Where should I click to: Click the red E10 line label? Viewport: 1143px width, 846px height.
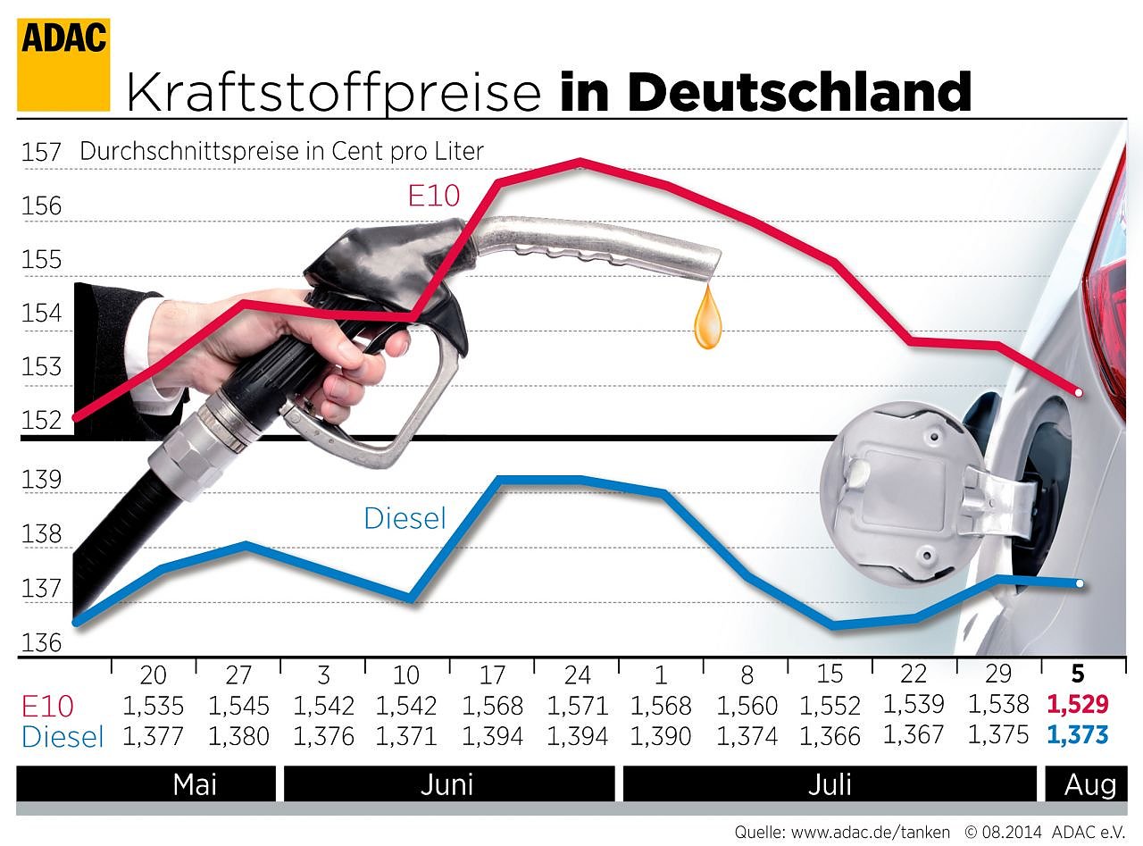(x=433, y=195)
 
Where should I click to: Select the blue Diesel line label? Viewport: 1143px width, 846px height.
(x=405, y=518)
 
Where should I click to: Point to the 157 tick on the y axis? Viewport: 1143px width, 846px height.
(x=41, y=153)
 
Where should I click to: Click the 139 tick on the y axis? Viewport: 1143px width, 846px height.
(x=41, y=481)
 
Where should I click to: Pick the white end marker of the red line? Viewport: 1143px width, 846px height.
(x=1080, y=393)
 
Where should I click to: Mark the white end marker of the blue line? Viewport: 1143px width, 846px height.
(x=1080, y=583)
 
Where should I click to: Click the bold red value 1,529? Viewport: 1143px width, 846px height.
(x=1078, y=705)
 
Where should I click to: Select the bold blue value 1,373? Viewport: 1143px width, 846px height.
(x=1078, y=735)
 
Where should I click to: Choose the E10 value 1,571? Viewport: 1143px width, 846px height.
(x=577, y=706)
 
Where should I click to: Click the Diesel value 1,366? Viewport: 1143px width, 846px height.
(x=830, y=736)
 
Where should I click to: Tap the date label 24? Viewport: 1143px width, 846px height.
(x=577, y=674)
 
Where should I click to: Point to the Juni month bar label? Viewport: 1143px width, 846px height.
(x=446, y=784)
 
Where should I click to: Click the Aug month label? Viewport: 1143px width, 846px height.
(x=1089, y=784)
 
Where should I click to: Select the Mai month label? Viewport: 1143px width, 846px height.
(x=195, y=784)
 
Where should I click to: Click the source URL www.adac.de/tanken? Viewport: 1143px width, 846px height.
(x=871, y=832)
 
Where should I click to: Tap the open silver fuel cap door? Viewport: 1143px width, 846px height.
(x=902, y=491)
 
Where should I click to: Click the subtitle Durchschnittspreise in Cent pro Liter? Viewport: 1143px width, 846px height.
(x=281, y=151)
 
